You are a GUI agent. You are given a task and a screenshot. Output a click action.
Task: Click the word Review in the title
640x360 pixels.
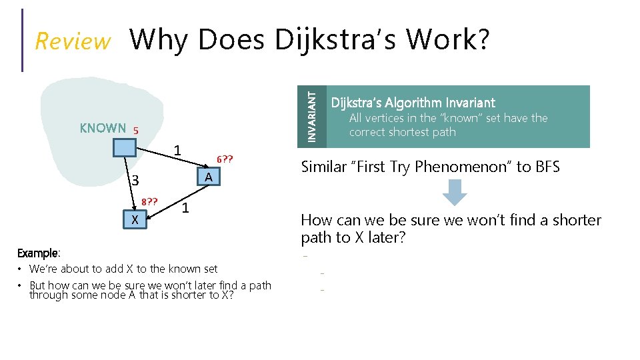tap(73, 41)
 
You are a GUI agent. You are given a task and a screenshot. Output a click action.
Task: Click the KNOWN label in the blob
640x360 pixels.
tap(103, 128)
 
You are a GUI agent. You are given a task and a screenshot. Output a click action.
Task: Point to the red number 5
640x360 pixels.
tap(135, 131)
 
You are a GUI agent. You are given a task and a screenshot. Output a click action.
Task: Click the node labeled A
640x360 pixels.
tap(208, 177)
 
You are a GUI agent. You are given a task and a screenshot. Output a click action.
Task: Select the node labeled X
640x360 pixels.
tap(135, 219)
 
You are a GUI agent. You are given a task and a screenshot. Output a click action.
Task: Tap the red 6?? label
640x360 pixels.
tap(225, 160)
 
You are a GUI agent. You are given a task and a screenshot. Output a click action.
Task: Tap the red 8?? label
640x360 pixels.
tap(149, 201)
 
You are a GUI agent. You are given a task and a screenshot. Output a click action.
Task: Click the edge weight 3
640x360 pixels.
tap(134, 181)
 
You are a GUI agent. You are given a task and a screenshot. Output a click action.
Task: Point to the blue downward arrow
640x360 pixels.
tap(455, 193)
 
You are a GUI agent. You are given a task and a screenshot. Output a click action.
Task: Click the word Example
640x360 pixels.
tap(38, 253)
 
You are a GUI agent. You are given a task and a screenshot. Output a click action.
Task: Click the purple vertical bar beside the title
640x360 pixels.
tap(23, 40)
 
